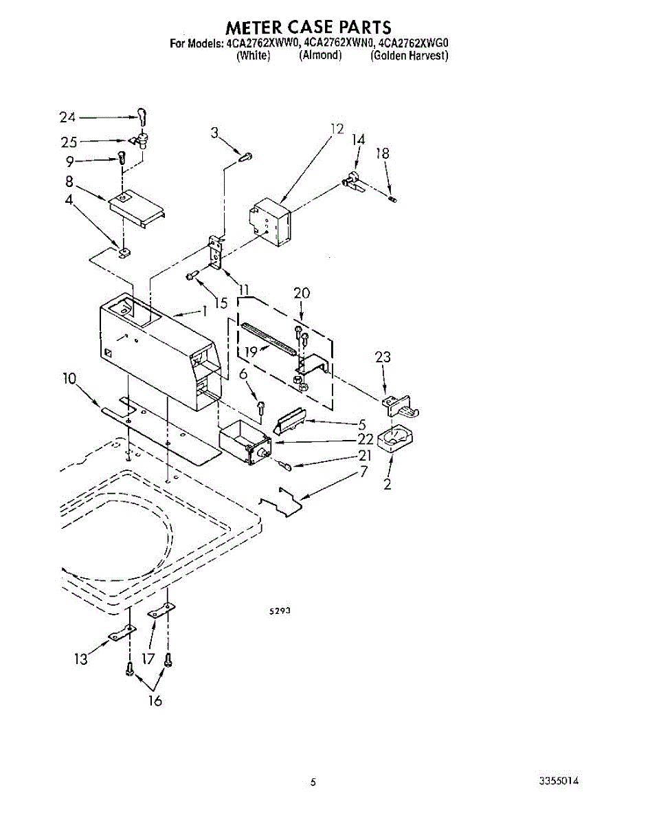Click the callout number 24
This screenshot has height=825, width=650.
68,117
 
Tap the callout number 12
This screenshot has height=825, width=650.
336,129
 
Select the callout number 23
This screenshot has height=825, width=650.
383,357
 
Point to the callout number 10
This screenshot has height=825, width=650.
69,379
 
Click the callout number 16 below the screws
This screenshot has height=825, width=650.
155,701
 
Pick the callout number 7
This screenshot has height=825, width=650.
363,472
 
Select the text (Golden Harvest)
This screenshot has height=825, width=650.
410,56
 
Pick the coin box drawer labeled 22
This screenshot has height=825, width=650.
244,441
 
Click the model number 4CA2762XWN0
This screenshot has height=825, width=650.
339,45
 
